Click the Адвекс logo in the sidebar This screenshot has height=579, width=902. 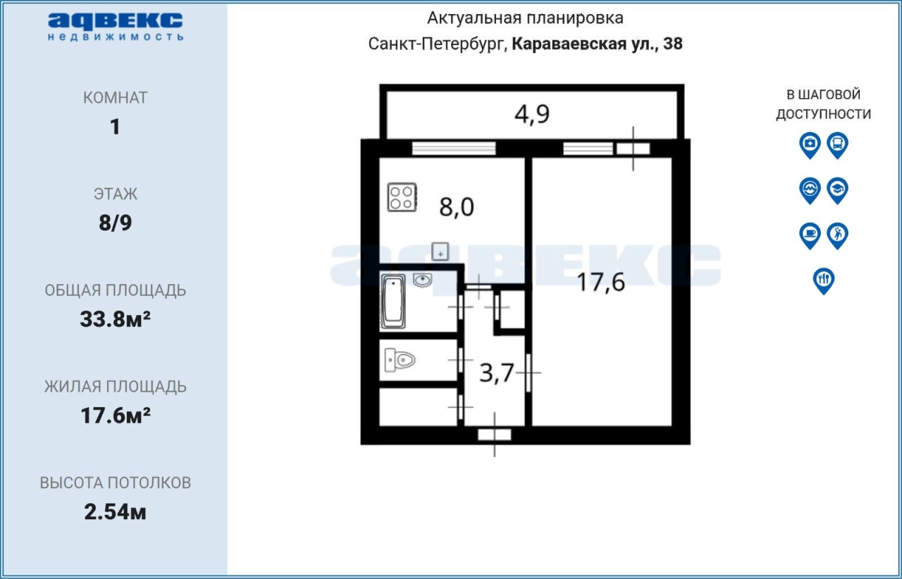(116, 26)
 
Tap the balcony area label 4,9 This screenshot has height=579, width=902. (532, 114)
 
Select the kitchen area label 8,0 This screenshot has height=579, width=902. (457, 207)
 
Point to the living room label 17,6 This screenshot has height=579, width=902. (601, 282)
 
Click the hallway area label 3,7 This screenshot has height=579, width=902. (497, 373)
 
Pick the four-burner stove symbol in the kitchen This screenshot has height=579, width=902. (402, 197)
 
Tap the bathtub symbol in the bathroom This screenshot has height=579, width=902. (393, 301)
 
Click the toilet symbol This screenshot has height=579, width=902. (400, 359)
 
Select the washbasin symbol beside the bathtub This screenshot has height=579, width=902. (422, 280)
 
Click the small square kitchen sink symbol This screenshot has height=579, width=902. (440, 251)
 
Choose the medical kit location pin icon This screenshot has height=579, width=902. (810, 145)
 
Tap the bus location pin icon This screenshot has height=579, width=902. (838, 145)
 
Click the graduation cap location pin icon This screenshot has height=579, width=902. (838, 190)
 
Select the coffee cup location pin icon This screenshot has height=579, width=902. (810, 235)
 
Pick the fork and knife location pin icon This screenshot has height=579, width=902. (824, 281)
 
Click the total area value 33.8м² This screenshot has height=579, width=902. (115, 319)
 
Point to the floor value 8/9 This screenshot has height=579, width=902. (115, 223)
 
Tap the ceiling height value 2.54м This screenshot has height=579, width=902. (115, 512)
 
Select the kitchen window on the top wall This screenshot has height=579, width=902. (454, 148)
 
